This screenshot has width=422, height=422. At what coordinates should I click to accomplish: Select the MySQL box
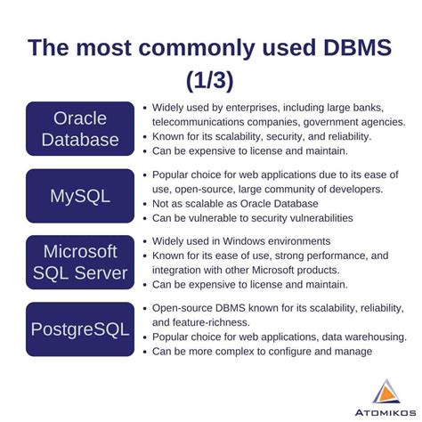click(x=81, y=195)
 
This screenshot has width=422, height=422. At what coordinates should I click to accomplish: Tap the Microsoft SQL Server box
click(x=81, y=263)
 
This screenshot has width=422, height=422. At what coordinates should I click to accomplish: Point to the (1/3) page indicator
click(x=210, y=80)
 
